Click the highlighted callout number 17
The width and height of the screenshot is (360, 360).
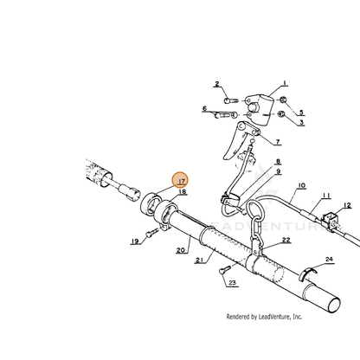pos(182,181)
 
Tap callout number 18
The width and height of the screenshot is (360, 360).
pos(183,191)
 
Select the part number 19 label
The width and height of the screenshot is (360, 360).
pos(135,241)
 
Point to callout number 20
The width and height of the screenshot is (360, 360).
pos(181,250)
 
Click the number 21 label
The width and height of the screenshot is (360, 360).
pos(200,260)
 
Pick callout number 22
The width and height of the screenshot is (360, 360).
pos(286,240)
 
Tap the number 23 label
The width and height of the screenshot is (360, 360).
pos(232,283)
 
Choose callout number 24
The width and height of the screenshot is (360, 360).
pos(329,259)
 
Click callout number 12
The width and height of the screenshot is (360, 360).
pos(348,205)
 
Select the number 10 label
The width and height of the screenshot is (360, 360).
pos(301,185)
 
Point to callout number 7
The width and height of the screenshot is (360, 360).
pos(278,142)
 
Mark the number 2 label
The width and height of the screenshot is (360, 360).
pos(216,84)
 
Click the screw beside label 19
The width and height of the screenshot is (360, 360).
pos(151,233)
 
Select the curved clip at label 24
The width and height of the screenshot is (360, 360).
pos(307,273)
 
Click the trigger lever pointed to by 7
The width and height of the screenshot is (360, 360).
pos(237,139)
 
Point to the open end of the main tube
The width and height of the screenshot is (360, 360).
pos(335,305)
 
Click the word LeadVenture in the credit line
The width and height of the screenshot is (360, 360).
pos(273,317)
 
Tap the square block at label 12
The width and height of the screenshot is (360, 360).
pos(330,219)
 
